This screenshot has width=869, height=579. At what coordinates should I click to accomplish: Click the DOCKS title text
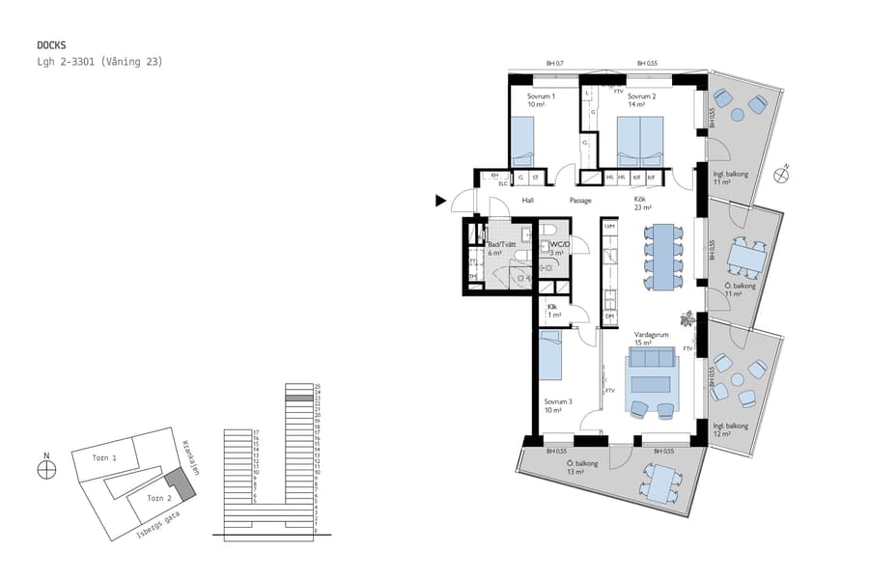click(x=52, y=44)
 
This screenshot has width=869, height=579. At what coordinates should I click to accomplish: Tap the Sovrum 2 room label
click(x=641, y=100)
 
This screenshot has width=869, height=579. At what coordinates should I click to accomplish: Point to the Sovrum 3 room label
click(x=558, y=404)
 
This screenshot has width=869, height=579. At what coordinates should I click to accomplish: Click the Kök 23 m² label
click(x=642, y=204)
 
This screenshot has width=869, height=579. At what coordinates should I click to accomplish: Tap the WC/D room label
click(x=556, y=249)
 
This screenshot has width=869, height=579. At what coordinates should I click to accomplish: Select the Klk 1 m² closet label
click(x=552, y=310)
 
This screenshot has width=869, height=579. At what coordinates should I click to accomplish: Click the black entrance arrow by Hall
click(x=441, y=201)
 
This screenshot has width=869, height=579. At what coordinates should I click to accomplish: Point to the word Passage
click(x=580, y=201)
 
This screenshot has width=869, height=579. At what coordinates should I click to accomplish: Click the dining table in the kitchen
click(x=663, y=257)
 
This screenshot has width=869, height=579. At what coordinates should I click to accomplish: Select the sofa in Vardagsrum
click(x=653, y=361)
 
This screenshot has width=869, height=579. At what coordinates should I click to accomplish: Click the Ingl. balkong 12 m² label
click(x=731, y=428)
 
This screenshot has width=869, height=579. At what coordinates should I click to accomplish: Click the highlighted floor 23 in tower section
click(x=299, y=398)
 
